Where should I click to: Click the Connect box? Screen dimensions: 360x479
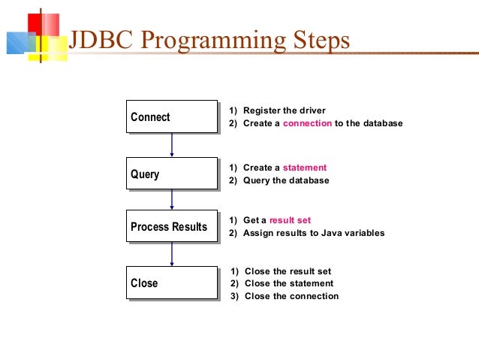pyautogui.click(x=172, y=116)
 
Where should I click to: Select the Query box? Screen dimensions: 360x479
pyautogui.click(x=172, y=174)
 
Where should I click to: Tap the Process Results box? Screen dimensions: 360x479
pyautogui.click(x=172, y=227)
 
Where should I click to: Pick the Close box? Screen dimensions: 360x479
pyautogui.click(x=172, y=283)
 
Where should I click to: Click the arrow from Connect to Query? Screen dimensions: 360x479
pyautogui.click(x=173, y=145)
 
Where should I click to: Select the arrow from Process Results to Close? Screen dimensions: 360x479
pyautogui.click(x=173, y=254)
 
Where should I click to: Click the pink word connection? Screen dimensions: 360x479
pyautogui.click(x=307, y=123)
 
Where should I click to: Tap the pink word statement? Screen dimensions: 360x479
pyautogui.click(x=304, y=168)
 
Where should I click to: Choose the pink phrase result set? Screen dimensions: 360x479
pyautogui.click(x=290, y=220)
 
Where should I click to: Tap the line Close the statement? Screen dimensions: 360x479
pyautogui.click(x=288, y=283)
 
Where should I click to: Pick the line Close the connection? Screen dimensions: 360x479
pyautogui.click(x=291, y=296)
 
